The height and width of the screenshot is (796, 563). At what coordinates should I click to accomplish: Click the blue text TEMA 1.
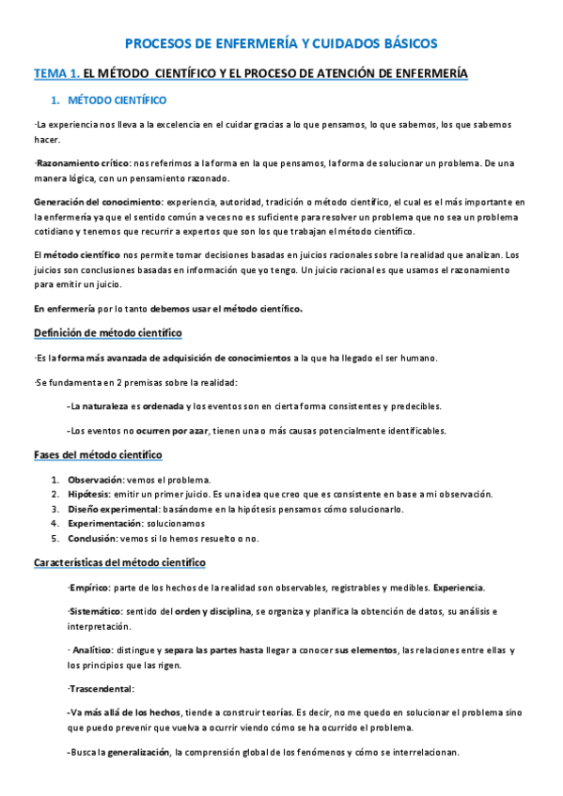point(56,73)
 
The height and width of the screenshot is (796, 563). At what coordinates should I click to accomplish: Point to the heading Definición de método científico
point(108,333)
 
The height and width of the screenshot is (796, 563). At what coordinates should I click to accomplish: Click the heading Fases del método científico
point(98,455)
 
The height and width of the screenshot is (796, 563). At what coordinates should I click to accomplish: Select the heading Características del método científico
point(119,562)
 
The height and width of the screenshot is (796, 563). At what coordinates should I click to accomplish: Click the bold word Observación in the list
point(96,480)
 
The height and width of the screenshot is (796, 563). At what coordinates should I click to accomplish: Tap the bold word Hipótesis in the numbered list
point(89,494)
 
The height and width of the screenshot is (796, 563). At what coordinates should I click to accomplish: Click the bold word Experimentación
point(105,524)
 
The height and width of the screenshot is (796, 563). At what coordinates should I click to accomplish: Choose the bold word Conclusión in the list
point(92,539)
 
